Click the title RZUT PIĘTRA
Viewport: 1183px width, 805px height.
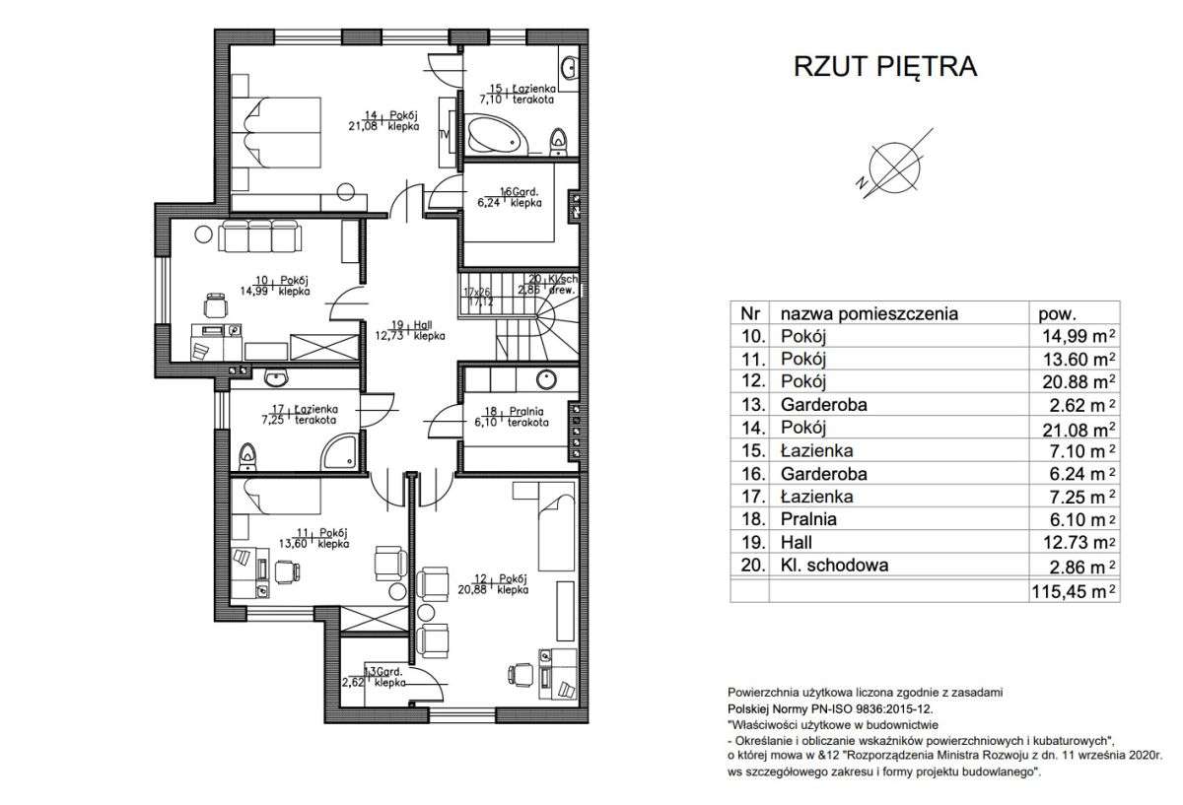tap(884, 67)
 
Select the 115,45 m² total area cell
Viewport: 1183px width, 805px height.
tap(1074, 590)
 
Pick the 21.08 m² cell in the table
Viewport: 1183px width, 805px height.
tap(1074, 427)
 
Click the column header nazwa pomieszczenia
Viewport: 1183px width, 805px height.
tap(869, 313)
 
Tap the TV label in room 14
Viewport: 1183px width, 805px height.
tap(444, 134)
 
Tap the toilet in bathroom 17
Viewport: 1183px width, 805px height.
tap(248, 454)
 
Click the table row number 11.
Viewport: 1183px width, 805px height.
tap(747, 359)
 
